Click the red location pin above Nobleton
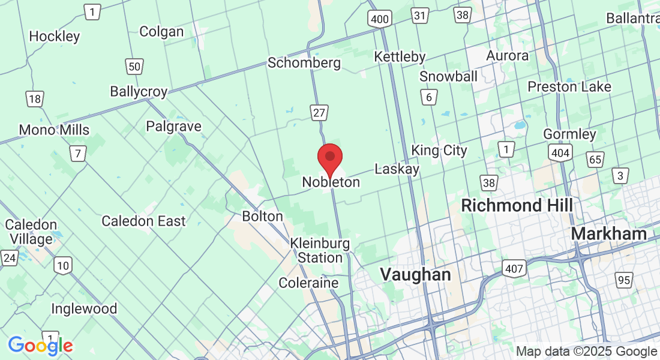point(329,158)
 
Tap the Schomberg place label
point(304,62)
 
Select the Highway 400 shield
point(380,19)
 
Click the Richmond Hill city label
point(517,205)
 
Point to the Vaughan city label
point(415,275)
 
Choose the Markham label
point(609,233)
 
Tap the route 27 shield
point(319,112)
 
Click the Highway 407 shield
point(515,268)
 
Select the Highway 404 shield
point(560,153)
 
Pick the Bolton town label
point(262,216)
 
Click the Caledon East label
point(143,221)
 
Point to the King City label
point(439,150)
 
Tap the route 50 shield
point(134,66)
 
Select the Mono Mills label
point(54,130)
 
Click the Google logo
point(40,346)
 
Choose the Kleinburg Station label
point(320,251)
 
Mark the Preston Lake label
point(569,87)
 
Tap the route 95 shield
point(624,279)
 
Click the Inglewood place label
point(84,309)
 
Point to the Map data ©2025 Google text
point(586,352)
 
